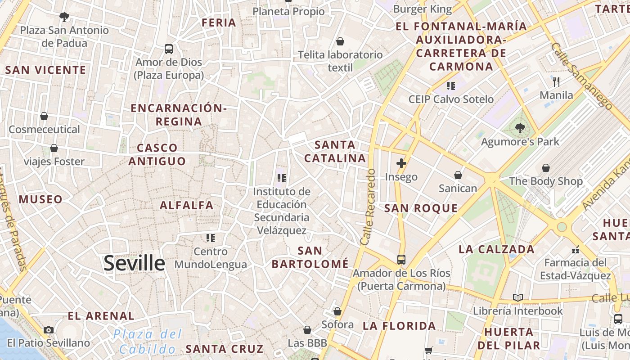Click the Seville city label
[134, 263]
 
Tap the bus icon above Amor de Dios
[169, 49]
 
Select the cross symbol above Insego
[401, 163]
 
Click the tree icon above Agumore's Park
[520, 128]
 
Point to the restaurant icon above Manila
[556, 81]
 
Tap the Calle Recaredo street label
[368, 207]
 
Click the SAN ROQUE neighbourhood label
[421, 208]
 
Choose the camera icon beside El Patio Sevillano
[49, 330]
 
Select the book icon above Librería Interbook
[518, 297]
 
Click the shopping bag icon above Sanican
[458, 175]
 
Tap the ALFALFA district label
[187, 206]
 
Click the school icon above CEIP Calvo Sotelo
[451, 85]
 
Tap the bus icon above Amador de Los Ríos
[401, 259]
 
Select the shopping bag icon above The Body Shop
[545, 168]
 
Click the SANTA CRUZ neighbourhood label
[225, 349]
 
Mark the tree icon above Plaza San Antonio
[64, 17]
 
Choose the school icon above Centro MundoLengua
[210, 238]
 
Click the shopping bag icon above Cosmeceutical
[44, 116]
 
